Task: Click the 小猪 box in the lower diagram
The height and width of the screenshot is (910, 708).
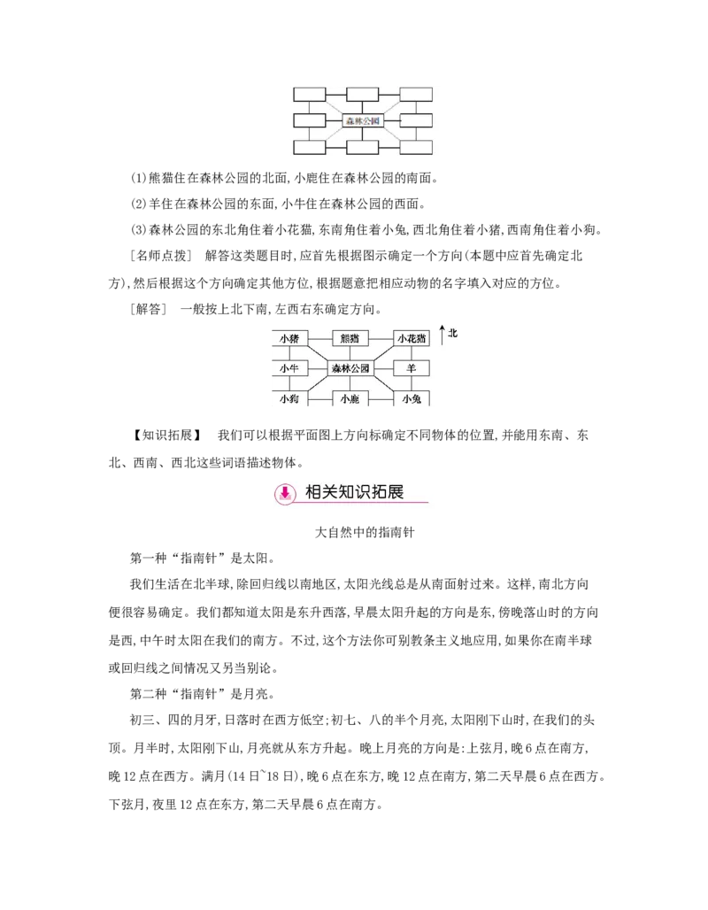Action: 289,338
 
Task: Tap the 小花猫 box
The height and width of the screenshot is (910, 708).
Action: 412,338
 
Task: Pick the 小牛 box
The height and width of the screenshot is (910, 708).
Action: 289,368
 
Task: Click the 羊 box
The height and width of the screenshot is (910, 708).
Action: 412,368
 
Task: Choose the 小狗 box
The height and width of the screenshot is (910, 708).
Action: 289,399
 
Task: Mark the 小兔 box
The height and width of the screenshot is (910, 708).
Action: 412,399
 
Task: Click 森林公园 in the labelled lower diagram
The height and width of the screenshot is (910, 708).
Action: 350,368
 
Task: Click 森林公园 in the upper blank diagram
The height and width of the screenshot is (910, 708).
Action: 363,120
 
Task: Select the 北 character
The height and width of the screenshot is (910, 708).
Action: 452,333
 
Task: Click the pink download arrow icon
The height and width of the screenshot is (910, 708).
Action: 285,493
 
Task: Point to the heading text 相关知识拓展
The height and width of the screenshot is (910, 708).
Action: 354,492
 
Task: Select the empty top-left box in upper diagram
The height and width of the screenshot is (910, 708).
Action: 310,94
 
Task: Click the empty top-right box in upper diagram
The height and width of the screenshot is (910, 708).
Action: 416,94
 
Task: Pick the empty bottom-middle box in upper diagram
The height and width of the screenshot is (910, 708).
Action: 363,147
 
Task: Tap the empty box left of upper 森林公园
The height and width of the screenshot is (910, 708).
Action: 310,120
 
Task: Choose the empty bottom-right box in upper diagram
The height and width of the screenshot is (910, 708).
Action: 416,147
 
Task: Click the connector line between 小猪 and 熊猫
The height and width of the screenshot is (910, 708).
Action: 319,338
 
